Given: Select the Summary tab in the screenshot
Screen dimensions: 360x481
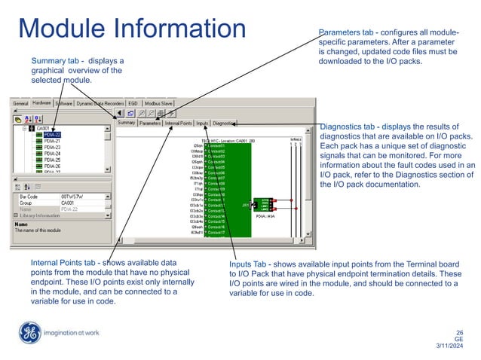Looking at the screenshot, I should [126, 122].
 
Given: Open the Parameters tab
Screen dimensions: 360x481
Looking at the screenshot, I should [150, 122].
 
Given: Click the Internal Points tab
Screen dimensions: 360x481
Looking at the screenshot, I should [179, 122].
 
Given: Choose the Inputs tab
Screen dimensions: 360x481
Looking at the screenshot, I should [203, 122].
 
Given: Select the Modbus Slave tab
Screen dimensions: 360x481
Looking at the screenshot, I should [160, 102].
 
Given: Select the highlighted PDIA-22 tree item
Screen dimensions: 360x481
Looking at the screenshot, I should [52, 135].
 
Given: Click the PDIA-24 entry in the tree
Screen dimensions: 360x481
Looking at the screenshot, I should [52, 153].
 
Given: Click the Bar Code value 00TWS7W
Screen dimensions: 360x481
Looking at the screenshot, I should [73, 196].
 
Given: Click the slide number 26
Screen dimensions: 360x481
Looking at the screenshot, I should [459, 331].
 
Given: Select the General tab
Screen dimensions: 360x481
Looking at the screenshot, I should [20, 102].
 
